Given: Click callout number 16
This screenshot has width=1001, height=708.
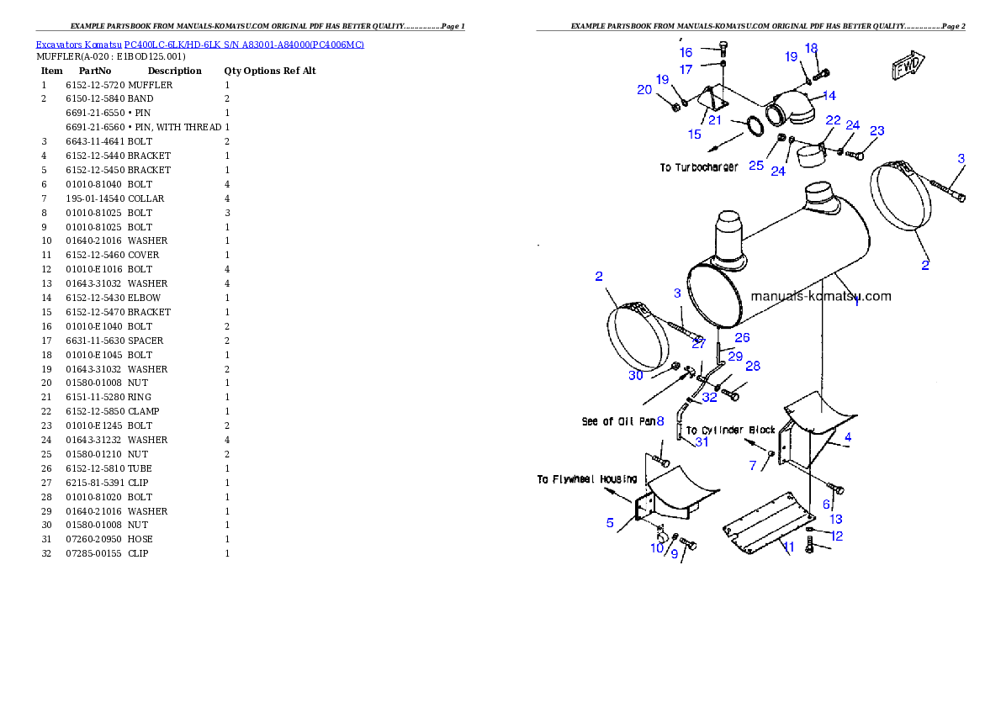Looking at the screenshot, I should tap(686, 53).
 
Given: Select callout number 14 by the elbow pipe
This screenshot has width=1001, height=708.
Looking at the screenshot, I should tap(829, 95).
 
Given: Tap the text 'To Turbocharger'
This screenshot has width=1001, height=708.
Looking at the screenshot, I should tap(699, 168).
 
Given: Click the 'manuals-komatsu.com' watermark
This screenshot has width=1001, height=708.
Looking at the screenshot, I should tap(820, 296).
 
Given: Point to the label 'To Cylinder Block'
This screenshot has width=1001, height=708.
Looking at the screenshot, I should tap(730, 430).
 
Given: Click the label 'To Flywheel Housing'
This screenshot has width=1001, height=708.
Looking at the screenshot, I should tap(587, 479).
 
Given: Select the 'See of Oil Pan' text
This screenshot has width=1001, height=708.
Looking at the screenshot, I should tap(618, 421).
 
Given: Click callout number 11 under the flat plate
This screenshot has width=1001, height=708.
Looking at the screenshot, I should tap(788, 547).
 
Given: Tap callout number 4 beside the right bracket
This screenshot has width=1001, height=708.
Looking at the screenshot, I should tap(848, 437).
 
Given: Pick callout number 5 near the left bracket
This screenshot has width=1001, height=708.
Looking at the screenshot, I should tap(610, 523).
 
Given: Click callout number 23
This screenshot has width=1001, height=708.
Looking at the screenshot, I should tap(877, 131).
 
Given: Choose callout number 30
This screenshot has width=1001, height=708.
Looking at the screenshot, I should tap(636, 375).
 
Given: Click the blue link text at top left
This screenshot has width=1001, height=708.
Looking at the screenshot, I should tap(199, 45).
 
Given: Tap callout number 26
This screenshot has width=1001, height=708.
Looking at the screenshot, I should tap(742, 338).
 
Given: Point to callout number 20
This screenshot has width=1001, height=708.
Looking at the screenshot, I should tap(644, 89).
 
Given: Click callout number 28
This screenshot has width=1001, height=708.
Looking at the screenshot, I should tap(753, 366).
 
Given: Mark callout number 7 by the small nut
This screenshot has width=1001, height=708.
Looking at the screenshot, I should tap(753, 465).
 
